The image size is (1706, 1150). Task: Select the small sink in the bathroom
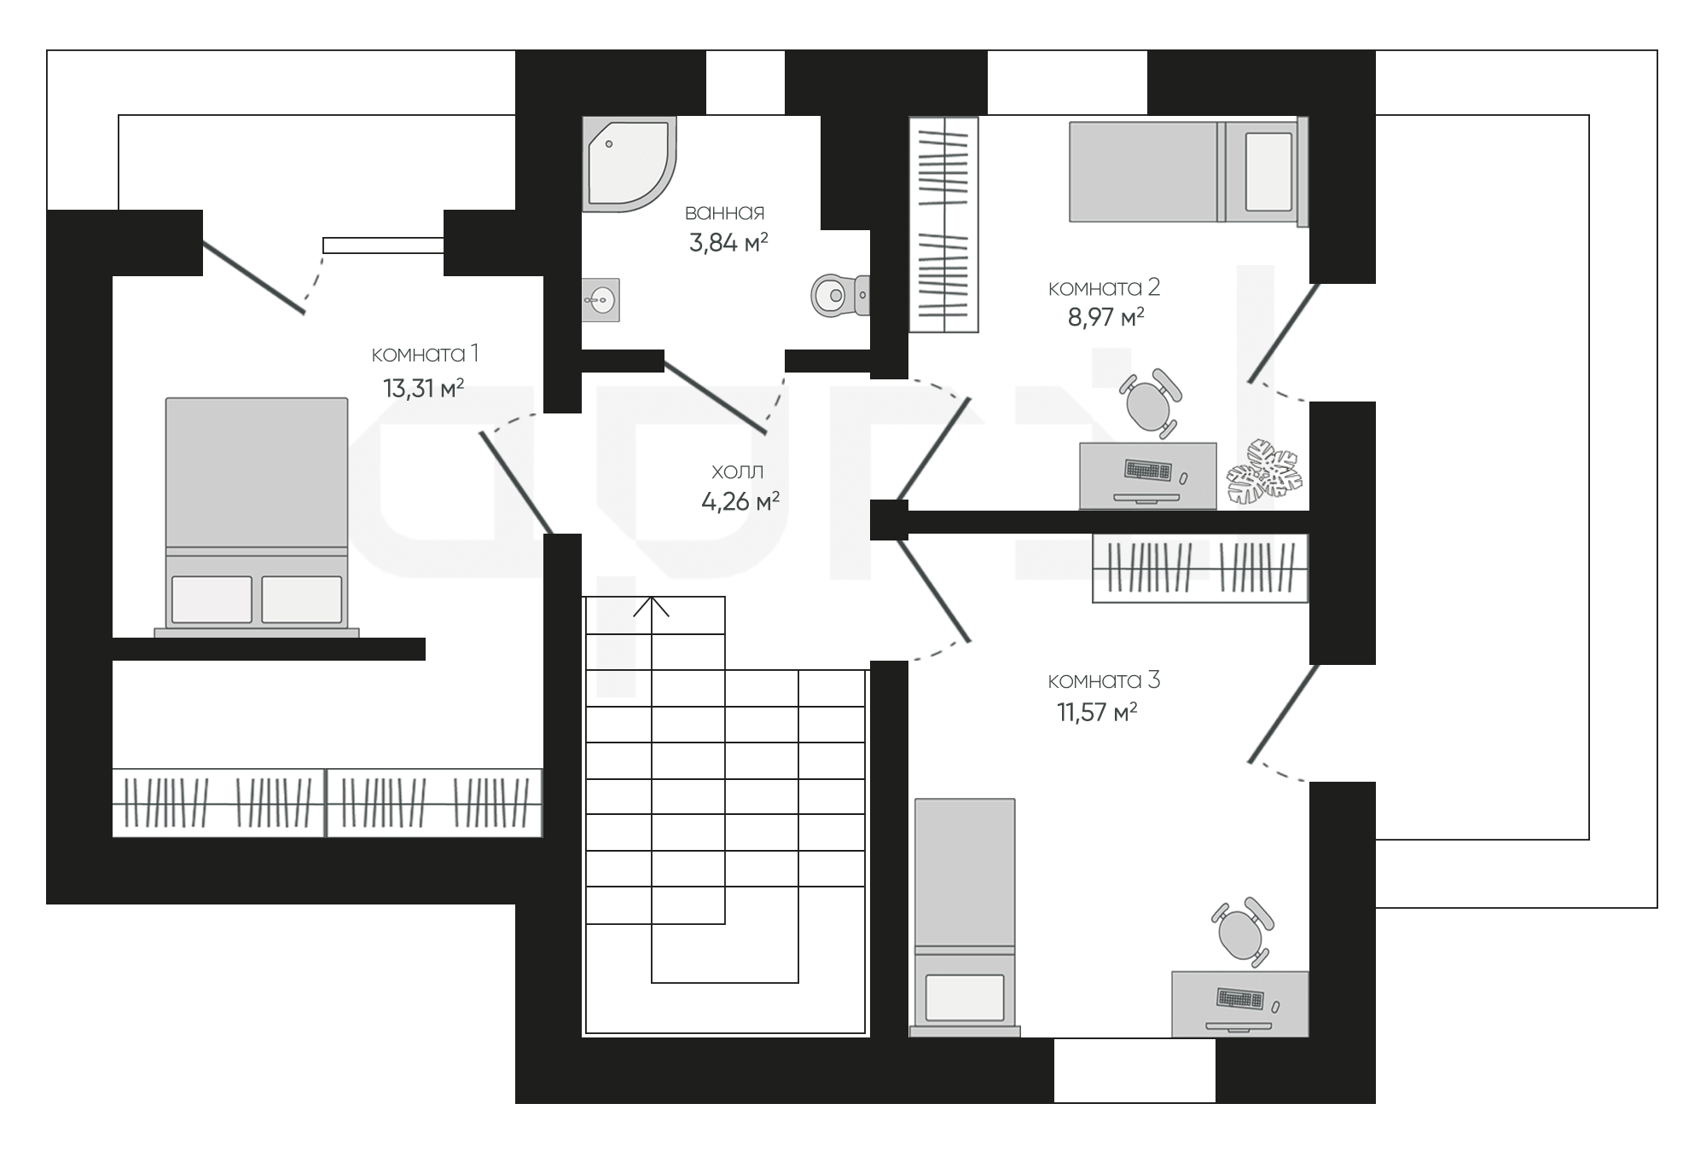(x=601, y=299)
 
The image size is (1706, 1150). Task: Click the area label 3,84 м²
(x=728, y=243)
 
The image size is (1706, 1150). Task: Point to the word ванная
(x=725, y=211)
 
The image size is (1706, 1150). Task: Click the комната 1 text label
(x=425, y=354)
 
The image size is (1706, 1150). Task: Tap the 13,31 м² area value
(x=423, y=389)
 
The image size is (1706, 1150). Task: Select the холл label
(x=737, y=471)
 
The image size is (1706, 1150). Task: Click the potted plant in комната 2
(x=1265, y=470)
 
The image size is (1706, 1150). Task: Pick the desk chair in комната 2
(x=1152, y=403)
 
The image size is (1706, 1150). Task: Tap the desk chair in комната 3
(x=1243, y=933)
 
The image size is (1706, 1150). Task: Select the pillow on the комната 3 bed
(x=965, y=997)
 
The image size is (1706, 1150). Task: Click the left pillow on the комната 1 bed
(x=212, y=599)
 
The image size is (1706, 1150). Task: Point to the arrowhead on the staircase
(x=652, y=606)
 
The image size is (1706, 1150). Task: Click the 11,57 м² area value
(x=1097, y=712)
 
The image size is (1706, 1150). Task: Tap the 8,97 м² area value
(x=1105, y=318)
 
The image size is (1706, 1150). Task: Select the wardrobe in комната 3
(x=1200, y=569)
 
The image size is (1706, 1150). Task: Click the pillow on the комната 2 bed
(x=1268, y=171)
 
